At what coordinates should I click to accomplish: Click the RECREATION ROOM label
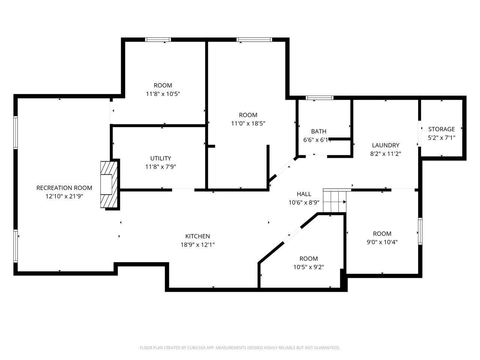[64, 188]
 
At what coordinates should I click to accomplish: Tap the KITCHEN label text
[198, 236]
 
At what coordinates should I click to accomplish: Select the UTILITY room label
[160, 158]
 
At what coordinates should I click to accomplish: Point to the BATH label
[319, 131]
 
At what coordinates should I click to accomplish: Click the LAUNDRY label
[385, 145]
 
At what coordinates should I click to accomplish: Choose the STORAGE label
[441, 129]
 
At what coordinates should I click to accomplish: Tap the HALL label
[304, 194]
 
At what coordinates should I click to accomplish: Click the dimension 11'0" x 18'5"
[248, 123]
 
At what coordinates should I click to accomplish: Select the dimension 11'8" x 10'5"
[163, 94]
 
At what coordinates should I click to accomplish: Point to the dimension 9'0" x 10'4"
[382, 242]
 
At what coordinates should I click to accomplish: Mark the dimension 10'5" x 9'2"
[309, 267]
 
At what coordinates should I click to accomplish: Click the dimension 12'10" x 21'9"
[64, 196]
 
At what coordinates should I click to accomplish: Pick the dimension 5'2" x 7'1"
[441, 138]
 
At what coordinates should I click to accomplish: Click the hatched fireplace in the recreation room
[109, 184]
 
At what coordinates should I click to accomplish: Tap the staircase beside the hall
[334, 200]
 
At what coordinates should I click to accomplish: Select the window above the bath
[319, 98]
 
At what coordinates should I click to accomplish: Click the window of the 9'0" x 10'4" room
[420, 231]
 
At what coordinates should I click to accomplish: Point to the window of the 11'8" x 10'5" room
[158, 40]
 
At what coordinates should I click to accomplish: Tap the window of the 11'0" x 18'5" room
[254, 40]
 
